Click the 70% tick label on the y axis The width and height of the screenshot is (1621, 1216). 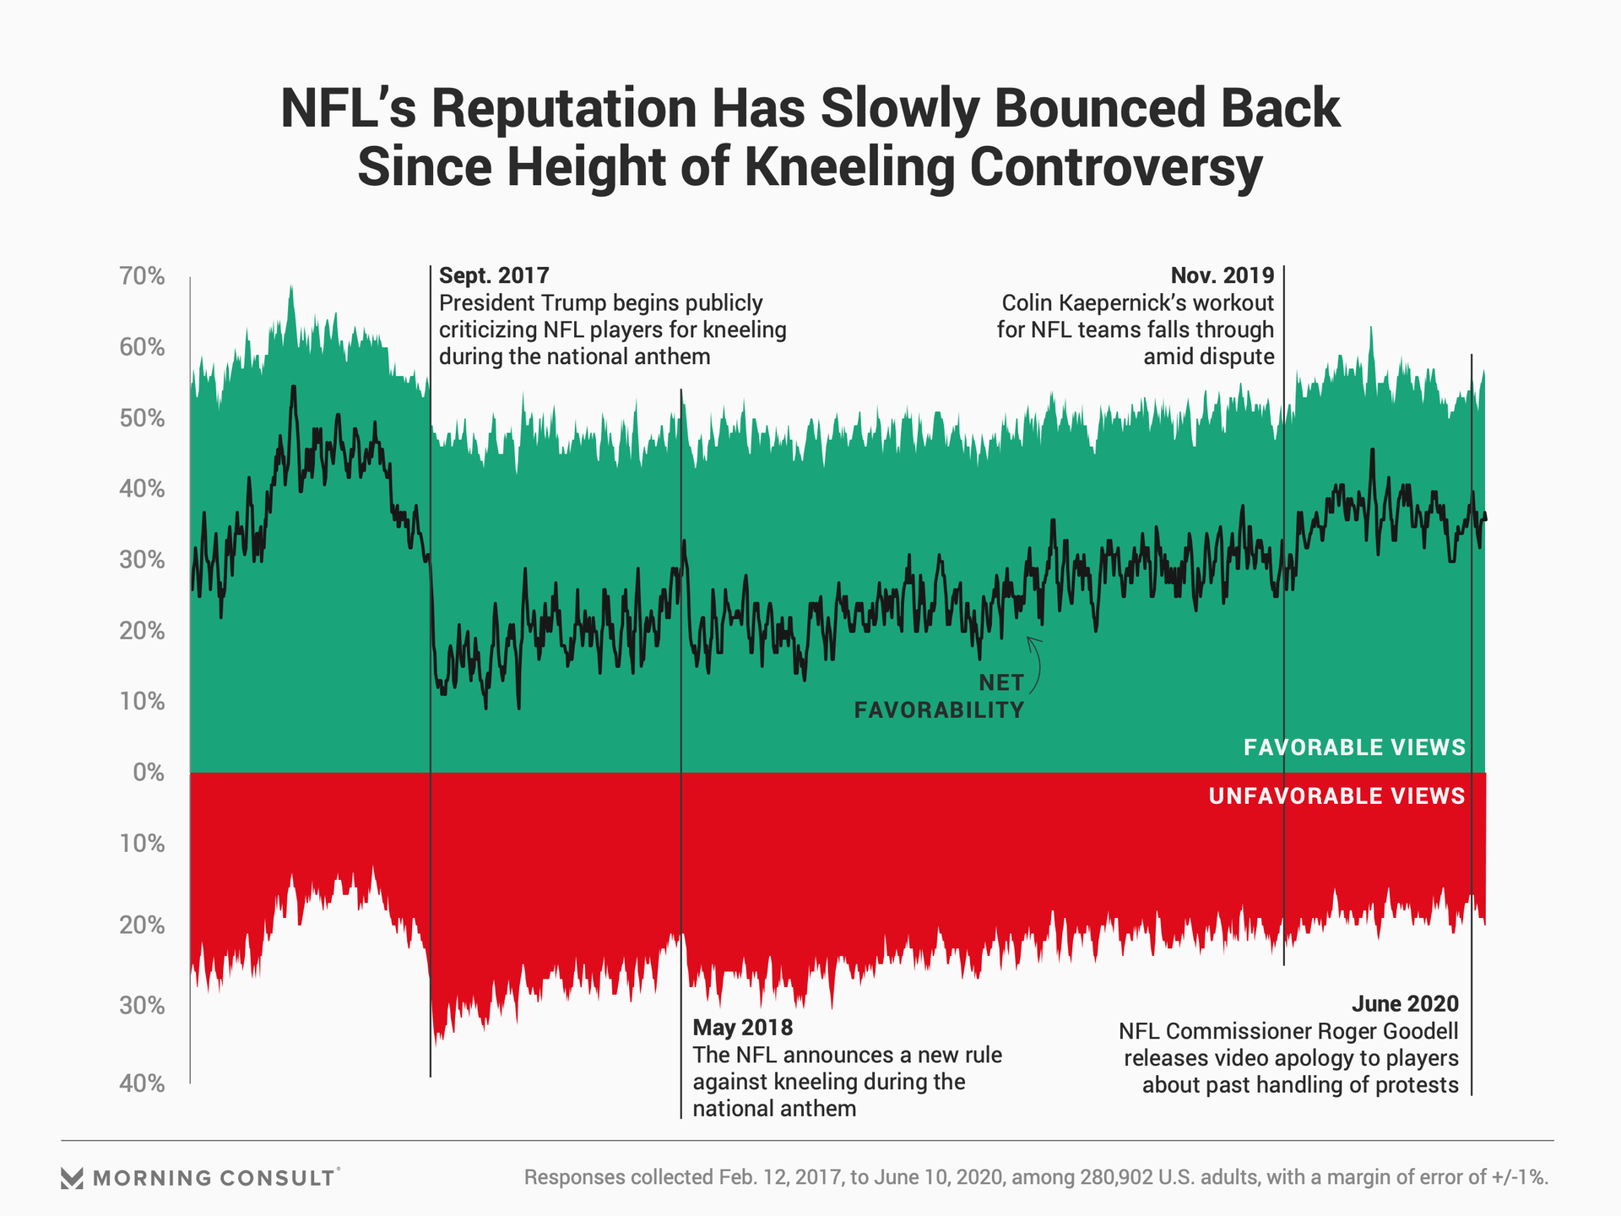(142, 276)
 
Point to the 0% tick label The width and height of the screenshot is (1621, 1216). (149, 772)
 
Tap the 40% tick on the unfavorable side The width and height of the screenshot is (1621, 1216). (142, 1083)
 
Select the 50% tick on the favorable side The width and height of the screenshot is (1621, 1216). (142, 418)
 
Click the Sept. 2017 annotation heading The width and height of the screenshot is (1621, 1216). (494, 275)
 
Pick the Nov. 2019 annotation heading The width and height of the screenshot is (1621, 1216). (1222, 275)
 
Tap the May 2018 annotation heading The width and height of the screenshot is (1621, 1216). (743, 1027)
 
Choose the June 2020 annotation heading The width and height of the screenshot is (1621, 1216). (1405, 1003)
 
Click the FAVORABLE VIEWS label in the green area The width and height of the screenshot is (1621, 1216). (1354, 747)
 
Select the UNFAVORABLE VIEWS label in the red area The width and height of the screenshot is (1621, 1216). (1336, 796)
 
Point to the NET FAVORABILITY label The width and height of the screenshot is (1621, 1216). (939, 697)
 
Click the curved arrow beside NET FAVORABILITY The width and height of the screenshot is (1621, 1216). (1036, 663)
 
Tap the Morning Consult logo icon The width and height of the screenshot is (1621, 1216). (73, 1178)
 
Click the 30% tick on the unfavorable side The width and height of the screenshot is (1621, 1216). (142, 1005)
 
